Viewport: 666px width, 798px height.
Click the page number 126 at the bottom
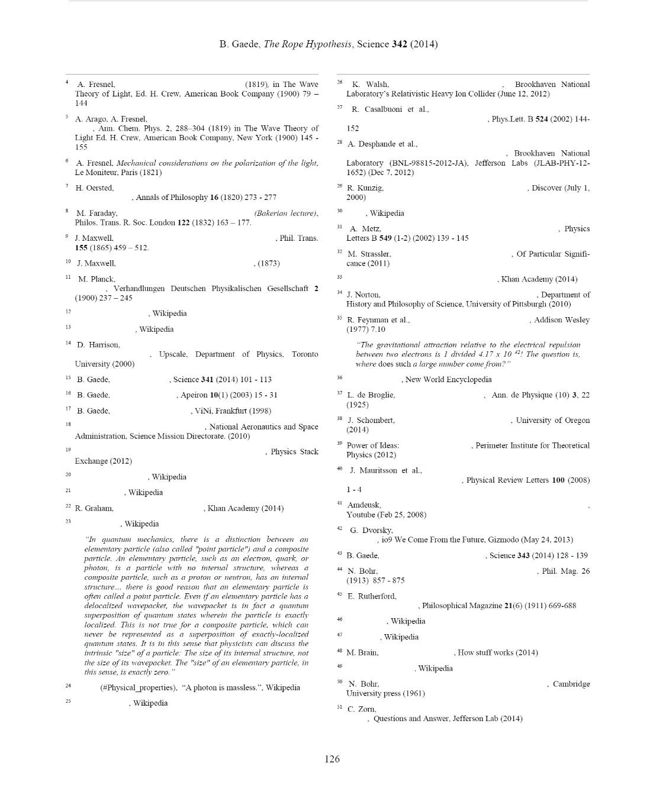pos(332,759)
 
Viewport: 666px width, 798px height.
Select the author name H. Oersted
pos(95,188)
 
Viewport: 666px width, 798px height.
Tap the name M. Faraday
pos(97,213)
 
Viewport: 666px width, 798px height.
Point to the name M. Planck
pos(96,279)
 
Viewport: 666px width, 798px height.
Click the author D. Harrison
pos(98,345)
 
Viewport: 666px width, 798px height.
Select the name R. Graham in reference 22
pos(94,508)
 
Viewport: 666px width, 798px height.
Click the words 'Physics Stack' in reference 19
pos(294,452)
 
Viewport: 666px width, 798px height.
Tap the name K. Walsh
pos(370,85)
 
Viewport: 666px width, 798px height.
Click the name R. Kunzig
pos(365,188)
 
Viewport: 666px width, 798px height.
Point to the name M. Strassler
pos(369,254)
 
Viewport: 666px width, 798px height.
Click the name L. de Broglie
pos(371,395)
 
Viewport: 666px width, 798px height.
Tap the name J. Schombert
pos(371,421)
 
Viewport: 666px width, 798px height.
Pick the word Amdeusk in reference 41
pos(363,505)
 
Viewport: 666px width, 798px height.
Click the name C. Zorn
pos(362,709)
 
